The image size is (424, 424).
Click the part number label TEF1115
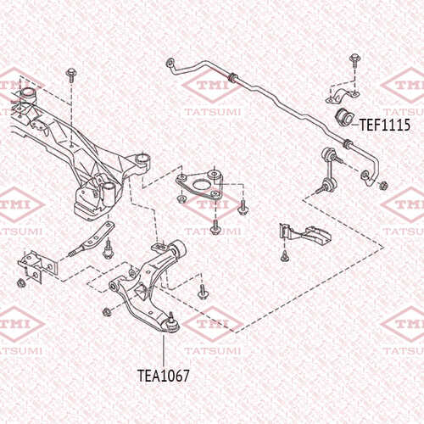pos(384,125)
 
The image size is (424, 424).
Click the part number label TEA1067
pos(164,376)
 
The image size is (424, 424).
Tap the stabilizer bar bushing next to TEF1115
pos(343,116)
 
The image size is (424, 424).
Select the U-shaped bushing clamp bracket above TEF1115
pos(342,95)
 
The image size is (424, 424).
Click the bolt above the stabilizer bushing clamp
pos(354,60)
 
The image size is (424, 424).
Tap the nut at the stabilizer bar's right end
pos(383,186)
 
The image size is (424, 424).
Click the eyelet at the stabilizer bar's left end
pos(170,62)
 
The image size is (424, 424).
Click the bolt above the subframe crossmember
pos(70,75)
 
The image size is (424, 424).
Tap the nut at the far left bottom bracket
pos(21,282)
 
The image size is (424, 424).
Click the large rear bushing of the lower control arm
pos(179,248)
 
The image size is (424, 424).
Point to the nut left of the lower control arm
pos(107,311)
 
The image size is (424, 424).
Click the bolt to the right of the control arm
pos(202,292)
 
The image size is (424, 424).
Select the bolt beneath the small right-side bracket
pos(284,256)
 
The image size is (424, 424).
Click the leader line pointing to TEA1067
pos(164,351)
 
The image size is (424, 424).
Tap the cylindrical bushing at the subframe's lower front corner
pos(108,195)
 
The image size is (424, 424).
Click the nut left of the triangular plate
pos(181,199)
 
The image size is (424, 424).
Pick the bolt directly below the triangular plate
pos(215,227)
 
